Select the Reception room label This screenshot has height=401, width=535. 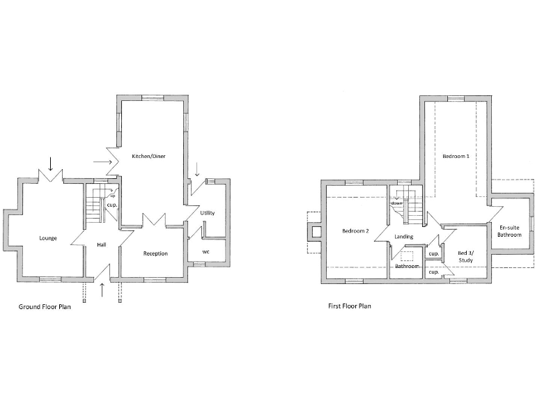[155, 253]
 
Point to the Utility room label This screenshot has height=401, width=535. [208, 212]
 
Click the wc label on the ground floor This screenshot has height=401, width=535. [206, 251]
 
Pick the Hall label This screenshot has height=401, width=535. [102, 245]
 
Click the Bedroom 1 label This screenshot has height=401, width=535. [455, 157]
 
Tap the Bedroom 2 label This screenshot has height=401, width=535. [355, 230]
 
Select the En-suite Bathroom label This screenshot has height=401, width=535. [509, 231]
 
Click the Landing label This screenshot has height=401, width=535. [404, 237]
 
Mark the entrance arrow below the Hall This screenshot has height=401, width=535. [102, 290]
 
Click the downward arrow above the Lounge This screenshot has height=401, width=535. [50, 164]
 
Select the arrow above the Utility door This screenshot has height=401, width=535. [197, 168]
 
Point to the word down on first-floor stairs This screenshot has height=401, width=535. [396, 203]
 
